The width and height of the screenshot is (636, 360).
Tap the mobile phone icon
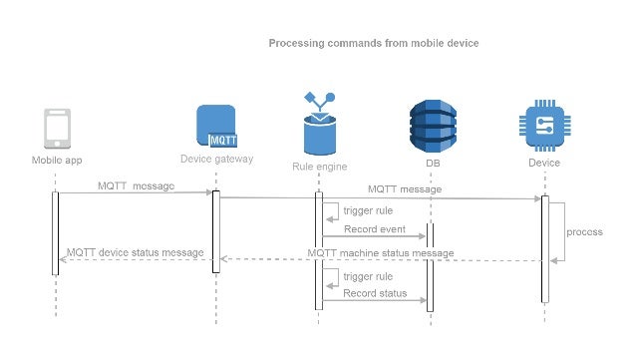tap(56, 129)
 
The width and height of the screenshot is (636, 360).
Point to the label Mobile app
tap(56, 161)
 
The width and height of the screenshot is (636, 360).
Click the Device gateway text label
tap(216, 159)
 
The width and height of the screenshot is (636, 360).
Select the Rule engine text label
tap(319, 167)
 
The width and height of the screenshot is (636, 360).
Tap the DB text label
tap(431, 163)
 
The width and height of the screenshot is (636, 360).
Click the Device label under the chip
tap(544, 163)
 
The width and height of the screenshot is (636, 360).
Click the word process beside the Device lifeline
tap(584, 231)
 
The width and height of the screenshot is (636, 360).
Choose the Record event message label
tap(373, 228)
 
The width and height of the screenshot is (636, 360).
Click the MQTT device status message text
tap(136, 252)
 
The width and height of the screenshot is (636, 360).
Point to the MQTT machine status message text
tap(381, 252)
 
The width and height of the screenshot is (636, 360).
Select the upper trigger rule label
tap(367, 210)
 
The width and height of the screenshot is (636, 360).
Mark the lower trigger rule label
tap(367, 275)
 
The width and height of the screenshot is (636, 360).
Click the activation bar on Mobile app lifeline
tap(56, 232)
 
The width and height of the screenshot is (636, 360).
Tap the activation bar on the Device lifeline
tap(544, 248)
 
